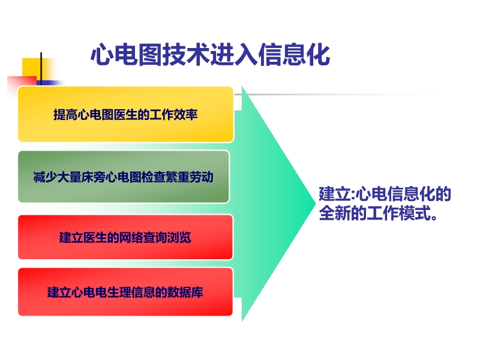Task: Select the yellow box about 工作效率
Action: (125, 114)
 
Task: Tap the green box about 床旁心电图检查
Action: (124, 176)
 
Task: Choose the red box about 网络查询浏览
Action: (125, 237)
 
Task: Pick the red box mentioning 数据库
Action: (125, 292)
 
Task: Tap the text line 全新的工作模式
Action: (377, 214)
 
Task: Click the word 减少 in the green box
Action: (43, 177)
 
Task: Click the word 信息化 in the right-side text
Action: (417, 194)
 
